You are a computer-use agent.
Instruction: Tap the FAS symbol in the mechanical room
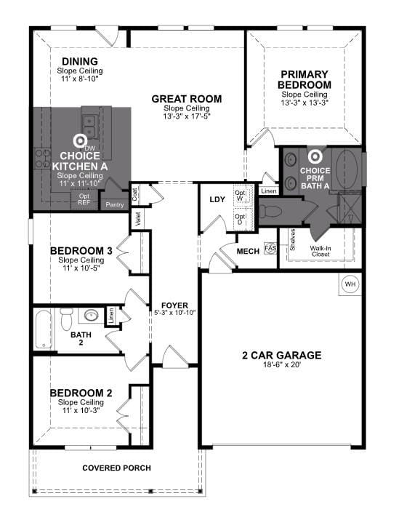click(270, 248)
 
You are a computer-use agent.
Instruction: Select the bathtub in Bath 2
click(44, 329)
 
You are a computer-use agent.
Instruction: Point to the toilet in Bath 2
click(67, 319)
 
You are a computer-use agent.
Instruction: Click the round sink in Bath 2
click(90, 315)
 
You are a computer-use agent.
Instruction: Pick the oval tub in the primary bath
click(347, 169)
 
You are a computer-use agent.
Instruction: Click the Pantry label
click(115, 205)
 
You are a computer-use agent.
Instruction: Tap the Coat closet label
click(134, 194)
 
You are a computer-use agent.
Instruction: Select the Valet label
click(139, 219)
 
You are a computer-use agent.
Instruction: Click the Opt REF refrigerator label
click(84, 199)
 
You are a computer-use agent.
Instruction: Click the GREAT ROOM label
click(187, 99)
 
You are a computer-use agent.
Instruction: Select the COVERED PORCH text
click(117, 468)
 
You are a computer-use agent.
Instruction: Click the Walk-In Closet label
click(321, 251)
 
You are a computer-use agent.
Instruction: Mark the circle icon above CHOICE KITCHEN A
click(80, 141)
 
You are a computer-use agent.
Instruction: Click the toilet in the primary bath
click(270, 210)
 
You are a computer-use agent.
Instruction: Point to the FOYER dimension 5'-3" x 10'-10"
click(175, 313)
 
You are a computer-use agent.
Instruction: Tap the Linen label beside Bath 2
click(111, 316)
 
